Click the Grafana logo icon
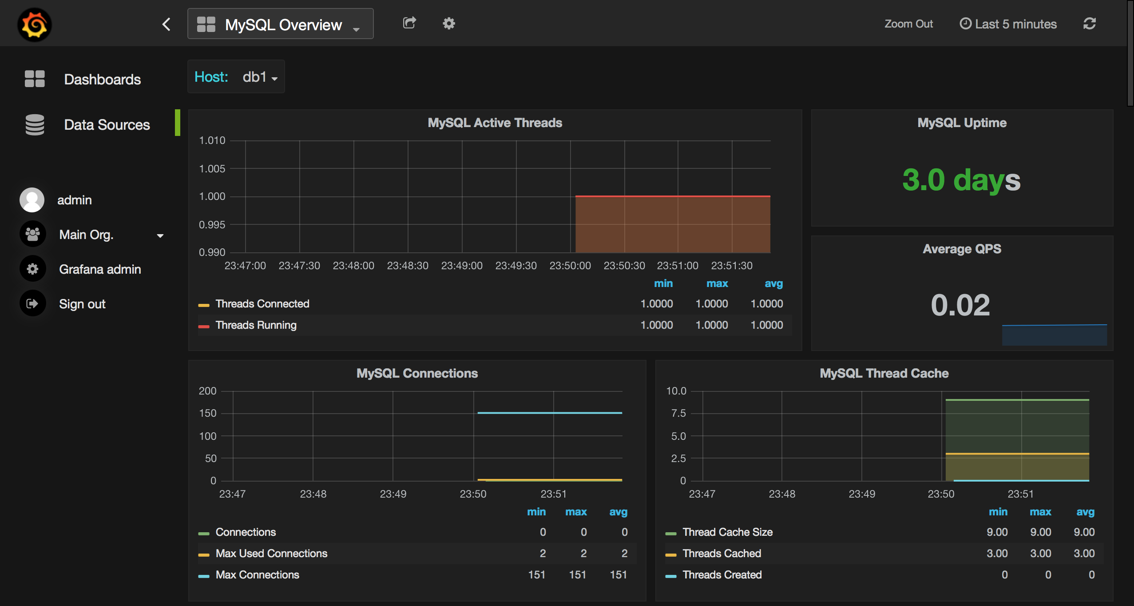click(x=35, y=24)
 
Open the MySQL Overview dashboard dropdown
click(x=280, y=24)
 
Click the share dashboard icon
click(x=409, y=23)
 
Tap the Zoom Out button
click(x=908, y=24)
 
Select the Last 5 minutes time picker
click(x=1008, y=24)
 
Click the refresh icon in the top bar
click(x=1089, y=24)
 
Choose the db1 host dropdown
click(x=260, y=77)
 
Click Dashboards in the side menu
click(x=102, y=80)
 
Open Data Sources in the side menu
click(x=107, y=125)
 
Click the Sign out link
click(x=82, y=304)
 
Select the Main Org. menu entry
click(x=87, y=235)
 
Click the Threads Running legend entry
click(x=256, y=325)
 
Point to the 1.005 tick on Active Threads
click(x=212, y=169)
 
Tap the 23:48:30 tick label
click(x=408, y=266)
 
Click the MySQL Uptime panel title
click(x=962, y=123)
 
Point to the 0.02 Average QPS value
click(x=960, y=305)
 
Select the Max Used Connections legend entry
click(x=271, y=554)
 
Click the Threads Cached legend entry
click(x=722, y=554)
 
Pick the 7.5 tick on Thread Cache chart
click(x=678, y=414)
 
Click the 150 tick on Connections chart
click(x=208, y=414)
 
